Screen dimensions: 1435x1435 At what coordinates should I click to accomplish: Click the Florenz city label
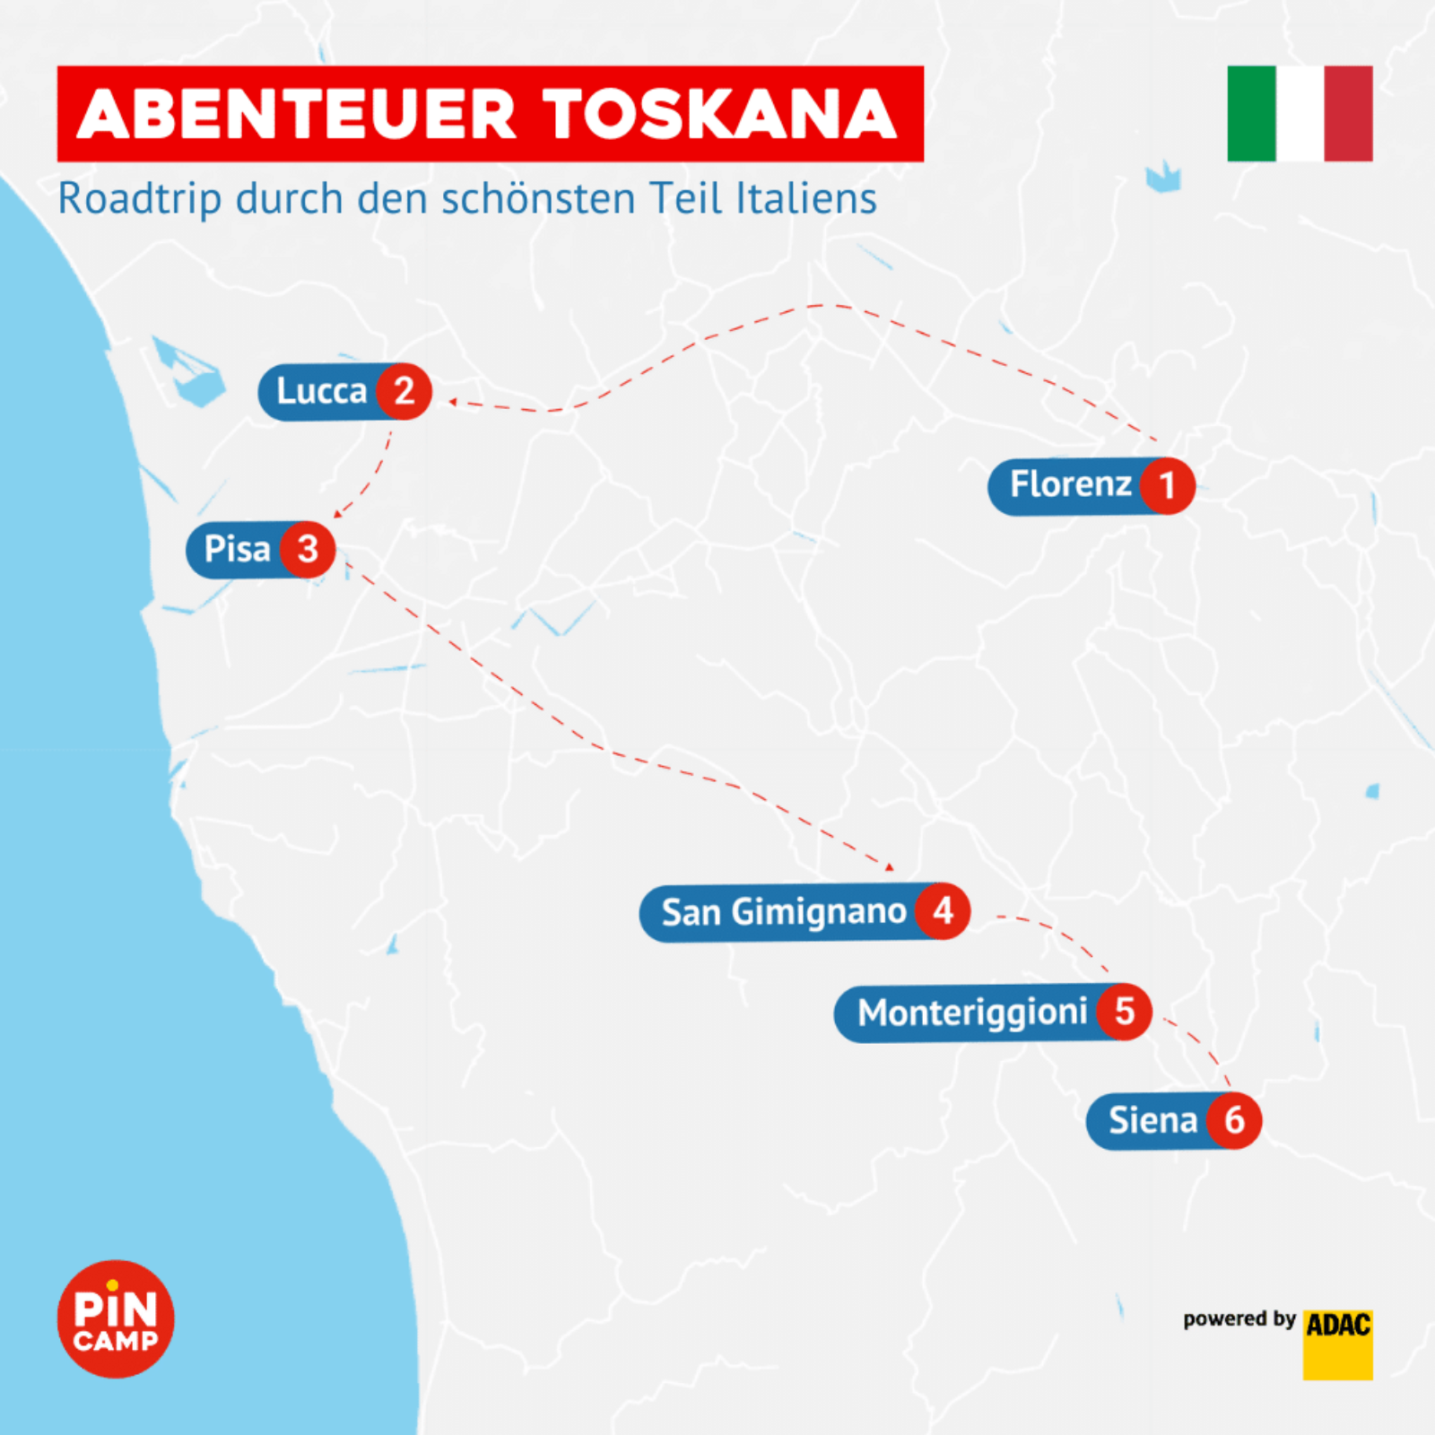[x=1070, y=485]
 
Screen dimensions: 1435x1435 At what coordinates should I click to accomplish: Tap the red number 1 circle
[x=1167, y=486]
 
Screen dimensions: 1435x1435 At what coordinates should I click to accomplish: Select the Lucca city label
[x=321, y=392]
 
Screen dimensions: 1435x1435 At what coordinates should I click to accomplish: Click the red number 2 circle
[x=404, y=391]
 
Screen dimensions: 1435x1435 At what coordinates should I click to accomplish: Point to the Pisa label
[x=237, y=549]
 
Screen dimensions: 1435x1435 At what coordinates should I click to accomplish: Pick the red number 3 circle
[x=308, y=549]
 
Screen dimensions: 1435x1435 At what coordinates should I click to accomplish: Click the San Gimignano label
[x=783, y=912]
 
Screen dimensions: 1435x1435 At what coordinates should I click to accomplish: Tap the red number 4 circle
[x=943, y=911]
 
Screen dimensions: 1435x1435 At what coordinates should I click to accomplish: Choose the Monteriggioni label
[x=971, y=1013]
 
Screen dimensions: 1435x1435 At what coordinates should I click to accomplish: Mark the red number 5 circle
[x=1125, y=1013]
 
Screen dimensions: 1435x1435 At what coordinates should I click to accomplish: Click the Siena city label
[x=1152, y=1121]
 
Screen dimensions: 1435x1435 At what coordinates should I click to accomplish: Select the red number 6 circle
[x=1234, y=1120]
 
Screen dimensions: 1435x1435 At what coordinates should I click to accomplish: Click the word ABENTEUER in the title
[x=296, y=115]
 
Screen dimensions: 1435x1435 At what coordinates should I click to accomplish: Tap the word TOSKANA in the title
[x=719, y=115]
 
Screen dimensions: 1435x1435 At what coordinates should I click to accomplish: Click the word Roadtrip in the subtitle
[x=138, y=199]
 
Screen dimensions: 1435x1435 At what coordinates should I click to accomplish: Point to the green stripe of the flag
[x=1251, y=114]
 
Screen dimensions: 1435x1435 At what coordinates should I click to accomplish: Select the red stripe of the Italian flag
[x=1348, y=114]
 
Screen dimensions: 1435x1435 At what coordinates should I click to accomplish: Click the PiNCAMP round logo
[x=116, y=1318]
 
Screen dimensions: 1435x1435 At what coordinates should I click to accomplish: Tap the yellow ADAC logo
[x=1337, y=1344]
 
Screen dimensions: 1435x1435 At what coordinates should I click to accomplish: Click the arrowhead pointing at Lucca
[x=453, y=402]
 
